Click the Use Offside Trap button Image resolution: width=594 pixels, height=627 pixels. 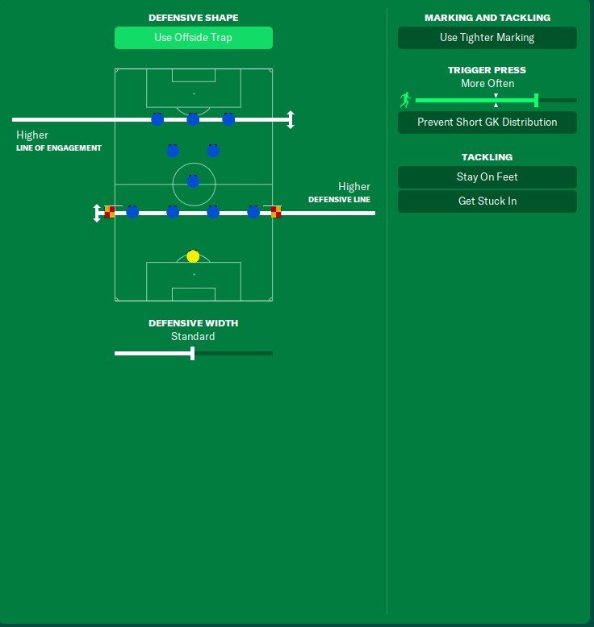point(194,38)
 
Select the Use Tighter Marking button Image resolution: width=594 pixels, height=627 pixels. point(487,38)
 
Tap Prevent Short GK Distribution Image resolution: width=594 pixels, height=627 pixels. point(487,122)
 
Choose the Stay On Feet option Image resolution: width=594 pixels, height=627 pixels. point(487,176)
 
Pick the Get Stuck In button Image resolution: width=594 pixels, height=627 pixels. point(487,201)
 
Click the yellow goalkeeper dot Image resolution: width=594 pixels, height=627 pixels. point(193,256)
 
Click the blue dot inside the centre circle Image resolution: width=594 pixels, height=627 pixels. point(193,181)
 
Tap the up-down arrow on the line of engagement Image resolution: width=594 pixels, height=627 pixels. point(291,119)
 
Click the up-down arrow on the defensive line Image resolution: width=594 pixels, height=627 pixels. point(97,213)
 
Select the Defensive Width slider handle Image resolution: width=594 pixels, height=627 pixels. point(193,354)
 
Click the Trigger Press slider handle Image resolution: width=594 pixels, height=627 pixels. point(537,101)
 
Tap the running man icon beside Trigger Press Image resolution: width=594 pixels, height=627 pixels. point(405,100)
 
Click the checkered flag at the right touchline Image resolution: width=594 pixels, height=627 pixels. point(275,211)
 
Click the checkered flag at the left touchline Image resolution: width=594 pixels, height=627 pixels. point(110,211)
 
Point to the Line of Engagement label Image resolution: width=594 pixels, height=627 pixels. point(59,148)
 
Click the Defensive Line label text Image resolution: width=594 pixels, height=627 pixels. point(339,200)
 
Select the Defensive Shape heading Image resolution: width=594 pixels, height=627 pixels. point(194,18)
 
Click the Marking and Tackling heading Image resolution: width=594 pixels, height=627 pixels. point(487,18)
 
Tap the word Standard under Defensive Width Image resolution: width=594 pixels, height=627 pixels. point(193,336)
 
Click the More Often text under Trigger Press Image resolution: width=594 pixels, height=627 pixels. point(487,83)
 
